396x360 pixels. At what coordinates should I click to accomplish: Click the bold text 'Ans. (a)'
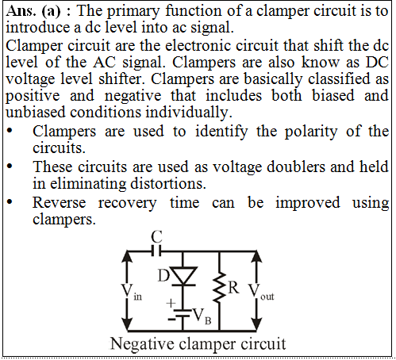(33, 11)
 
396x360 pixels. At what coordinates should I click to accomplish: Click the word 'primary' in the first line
(133, 12)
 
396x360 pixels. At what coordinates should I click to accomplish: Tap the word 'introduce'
(40, 28)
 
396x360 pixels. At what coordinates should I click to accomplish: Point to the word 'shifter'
(121, 79)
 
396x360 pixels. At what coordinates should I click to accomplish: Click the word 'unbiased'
(36, 112)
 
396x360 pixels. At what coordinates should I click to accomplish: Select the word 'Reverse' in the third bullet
(60, 203)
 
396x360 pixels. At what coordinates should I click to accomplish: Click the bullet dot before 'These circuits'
(10, 167)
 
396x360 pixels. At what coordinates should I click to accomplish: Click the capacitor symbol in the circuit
(156, 251)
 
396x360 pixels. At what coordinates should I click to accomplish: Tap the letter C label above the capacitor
(156, 236)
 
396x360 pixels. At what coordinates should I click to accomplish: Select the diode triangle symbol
(183, 277)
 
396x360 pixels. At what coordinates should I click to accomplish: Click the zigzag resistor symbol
(219, 288)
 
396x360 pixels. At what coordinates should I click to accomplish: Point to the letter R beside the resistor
(233, 287)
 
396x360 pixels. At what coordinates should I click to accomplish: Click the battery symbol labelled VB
(183, 313)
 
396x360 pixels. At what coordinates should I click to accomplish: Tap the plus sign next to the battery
(171, 303)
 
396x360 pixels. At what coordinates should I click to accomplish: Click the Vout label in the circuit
(261, 292)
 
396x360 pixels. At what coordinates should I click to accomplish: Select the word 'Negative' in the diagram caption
(143, 344)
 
